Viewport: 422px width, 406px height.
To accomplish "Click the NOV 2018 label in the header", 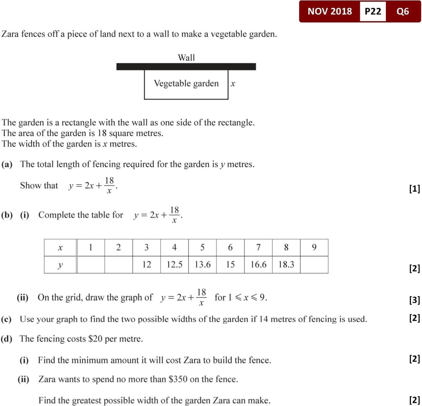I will click(x=330, y=12).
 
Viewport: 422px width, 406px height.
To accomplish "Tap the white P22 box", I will click(x=373, y=12).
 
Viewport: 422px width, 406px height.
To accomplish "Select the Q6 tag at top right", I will click(x=403, y=12).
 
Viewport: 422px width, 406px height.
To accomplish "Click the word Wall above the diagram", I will click(x=186, y=58).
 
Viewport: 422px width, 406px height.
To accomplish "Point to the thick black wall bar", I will click(x=186, y=67).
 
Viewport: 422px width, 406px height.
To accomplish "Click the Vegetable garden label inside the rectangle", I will click(x=186, y=84).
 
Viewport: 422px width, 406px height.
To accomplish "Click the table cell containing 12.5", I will click(x=174, y=265).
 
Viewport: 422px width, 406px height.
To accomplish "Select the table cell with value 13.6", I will click(x=202, y=265).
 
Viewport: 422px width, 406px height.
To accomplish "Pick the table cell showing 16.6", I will click(x=258, y=265).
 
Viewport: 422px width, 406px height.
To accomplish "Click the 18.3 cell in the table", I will click(x=286, y=265).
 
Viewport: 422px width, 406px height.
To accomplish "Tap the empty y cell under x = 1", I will click(x=91, y=265).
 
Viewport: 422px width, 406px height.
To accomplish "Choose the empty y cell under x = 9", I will click(x=314, y=265).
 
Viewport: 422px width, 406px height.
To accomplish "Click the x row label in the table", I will click(x=60, y=248).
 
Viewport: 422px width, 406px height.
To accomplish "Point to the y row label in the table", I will click(x=60, y=265).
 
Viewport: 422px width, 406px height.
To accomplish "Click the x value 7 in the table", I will click(x=258, y=248).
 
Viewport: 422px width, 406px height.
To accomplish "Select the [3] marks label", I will click(x=414, y=300).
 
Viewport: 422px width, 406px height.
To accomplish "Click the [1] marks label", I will click(x=414, y=188).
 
